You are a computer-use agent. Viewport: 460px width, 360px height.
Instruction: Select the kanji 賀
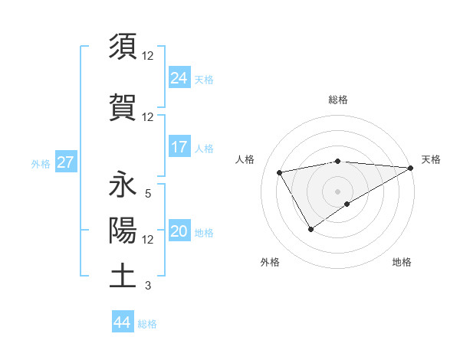[x=123, y=105]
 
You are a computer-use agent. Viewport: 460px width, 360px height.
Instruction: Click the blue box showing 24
[x=179, y=77]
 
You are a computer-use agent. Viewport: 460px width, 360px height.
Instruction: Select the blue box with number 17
[x=179, y=146]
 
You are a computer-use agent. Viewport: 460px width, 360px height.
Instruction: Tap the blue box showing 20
[x=179, y=231]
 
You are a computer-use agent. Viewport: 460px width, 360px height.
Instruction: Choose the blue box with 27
[x=65, y=162]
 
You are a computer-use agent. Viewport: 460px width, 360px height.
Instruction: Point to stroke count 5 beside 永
[x=147, y=194]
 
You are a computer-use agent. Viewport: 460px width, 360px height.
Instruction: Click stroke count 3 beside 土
[x=147, y=286]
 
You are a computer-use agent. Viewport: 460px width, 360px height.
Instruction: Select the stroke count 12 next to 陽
[x=148, y=240]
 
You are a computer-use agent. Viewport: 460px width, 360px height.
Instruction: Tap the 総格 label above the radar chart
[x=338, y=100]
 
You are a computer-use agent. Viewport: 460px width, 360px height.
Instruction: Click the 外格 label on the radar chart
[x=270, y=262]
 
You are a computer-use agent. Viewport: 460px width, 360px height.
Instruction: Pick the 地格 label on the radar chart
[x=402, y=262]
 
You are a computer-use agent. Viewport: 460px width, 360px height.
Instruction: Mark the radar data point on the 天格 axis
[x=411, y=167]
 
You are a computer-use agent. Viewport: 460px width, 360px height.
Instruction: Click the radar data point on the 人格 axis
[x=280, y=172]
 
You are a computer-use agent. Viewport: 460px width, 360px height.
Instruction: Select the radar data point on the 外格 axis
[x=310, y=228]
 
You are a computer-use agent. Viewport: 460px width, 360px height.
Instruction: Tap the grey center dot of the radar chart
[x=337, y=191]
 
